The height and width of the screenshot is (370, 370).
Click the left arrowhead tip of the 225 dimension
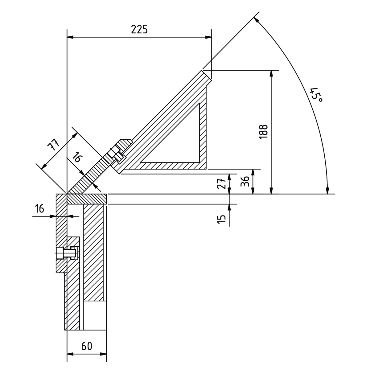[x=67, y=37]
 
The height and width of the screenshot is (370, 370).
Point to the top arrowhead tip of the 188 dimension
[x=271, y=71]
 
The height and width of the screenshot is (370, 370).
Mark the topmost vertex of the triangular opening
[x=199, y=103]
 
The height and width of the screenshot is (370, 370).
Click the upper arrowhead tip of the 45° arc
[x=254, y=17]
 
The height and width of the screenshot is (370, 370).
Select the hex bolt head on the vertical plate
[x=60, y=253]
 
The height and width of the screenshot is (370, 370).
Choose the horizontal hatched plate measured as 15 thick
[x=86, y=199]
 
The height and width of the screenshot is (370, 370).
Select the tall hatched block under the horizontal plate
[x=93, y=253]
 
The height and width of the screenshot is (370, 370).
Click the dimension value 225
[x=139, y=30]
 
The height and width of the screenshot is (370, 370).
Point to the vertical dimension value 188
[x=263, y=132]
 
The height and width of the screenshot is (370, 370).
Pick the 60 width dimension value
[x=87, y=346]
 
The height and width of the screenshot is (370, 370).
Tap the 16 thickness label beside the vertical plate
[x=39, y=208]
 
